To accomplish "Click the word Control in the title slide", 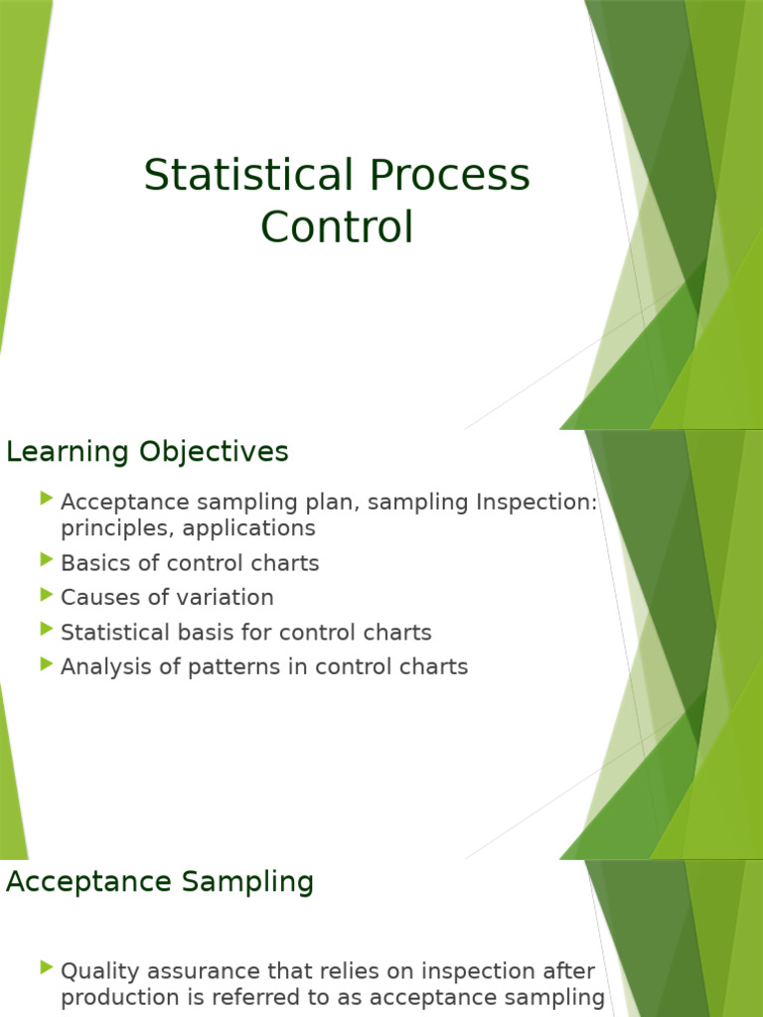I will click(337, 227).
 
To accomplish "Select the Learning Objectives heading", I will click(147, 452).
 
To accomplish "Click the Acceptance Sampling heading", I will click(160, 881).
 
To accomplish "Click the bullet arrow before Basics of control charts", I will click(47, 560).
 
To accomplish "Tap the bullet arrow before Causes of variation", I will click(47, 595).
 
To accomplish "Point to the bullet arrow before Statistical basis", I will click(47, 630).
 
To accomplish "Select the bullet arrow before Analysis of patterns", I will click(47, 664).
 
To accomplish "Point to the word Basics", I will click(93, 563).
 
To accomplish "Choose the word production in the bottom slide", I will click(117, 997).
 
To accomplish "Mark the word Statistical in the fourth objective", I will click(110, 633).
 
